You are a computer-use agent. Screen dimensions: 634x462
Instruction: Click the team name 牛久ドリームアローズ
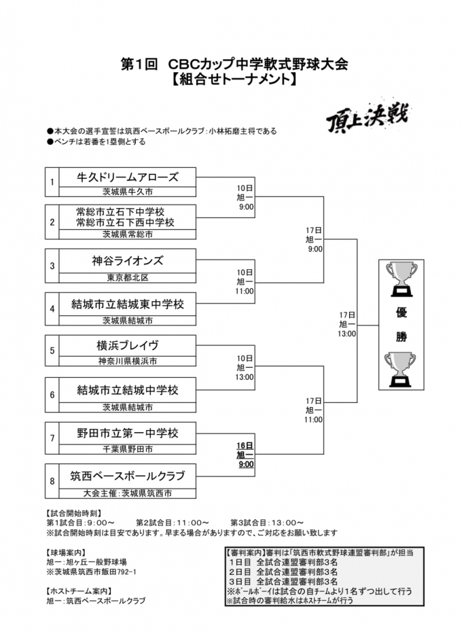click(128, 177)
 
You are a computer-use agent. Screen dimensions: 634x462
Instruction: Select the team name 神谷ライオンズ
click(128, 262)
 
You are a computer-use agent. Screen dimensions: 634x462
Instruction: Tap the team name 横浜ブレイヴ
click(128, 345)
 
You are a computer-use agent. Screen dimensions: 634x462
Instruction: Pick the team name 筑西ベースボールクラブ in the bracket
click(128, 475)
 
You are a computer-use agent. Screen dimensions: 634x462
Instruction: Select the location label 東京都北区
click(128, 277)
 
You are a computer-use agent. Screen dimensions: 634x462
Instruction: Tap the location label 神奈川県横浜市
click(128, 361)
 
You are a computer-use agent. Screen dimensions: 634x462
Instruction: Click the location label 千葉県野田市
click(128, 449)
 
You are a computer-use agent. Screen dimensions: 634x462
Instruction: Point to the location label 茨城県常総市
click(128, 234)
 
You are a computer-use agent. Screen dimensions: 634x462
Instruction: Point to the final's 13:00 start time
click(347, 334)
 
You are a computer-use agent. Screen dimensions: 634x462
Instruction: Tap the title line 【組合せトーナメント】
click(231, 80)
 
